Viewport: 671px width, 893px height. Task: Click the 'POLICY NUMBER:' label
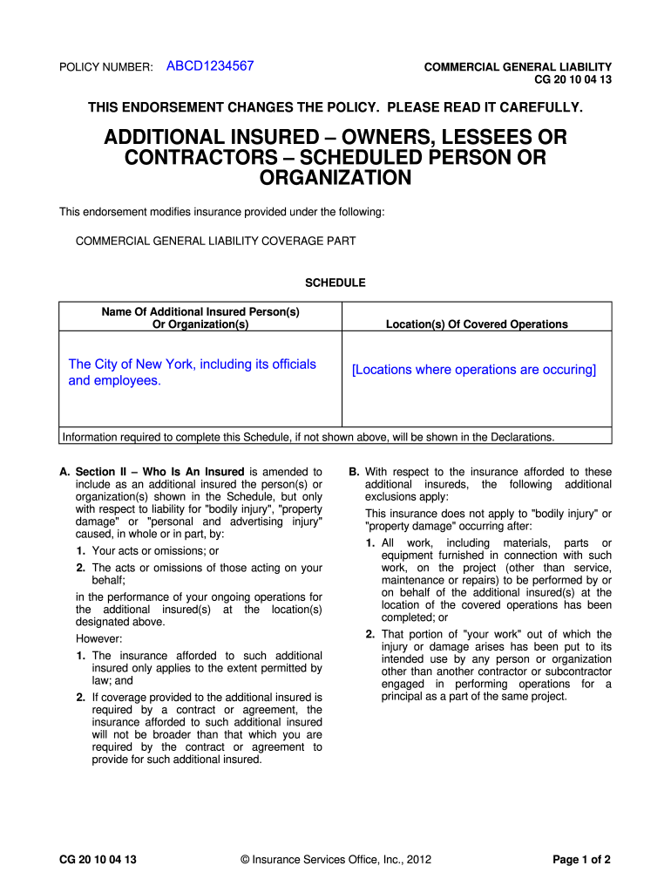coord(105,67)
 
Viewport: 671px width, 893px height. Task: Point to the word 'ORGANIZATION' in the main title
coord(335,179)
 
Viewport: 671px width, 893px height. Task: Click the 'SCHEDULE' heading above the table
coord(335,283)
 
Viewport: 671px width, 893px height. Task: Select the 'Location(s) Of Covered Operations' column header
coord(477,324)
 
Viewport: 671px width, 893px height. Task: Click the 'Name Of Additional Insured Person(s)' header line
coord(200,311)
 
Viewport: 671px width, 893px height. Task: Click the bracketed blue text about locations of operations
coord(474,370)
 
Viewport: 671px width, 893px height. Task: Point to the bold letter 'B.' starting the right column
coord(354,472)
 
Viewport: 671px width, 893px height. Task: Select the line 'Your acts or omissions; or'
coord(155,551)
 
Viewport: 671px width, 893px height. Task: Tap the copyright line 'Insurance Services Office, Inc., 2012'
coord(335,860)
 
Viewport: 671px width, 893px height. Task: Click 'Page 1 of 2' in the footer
coord(581,860)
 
